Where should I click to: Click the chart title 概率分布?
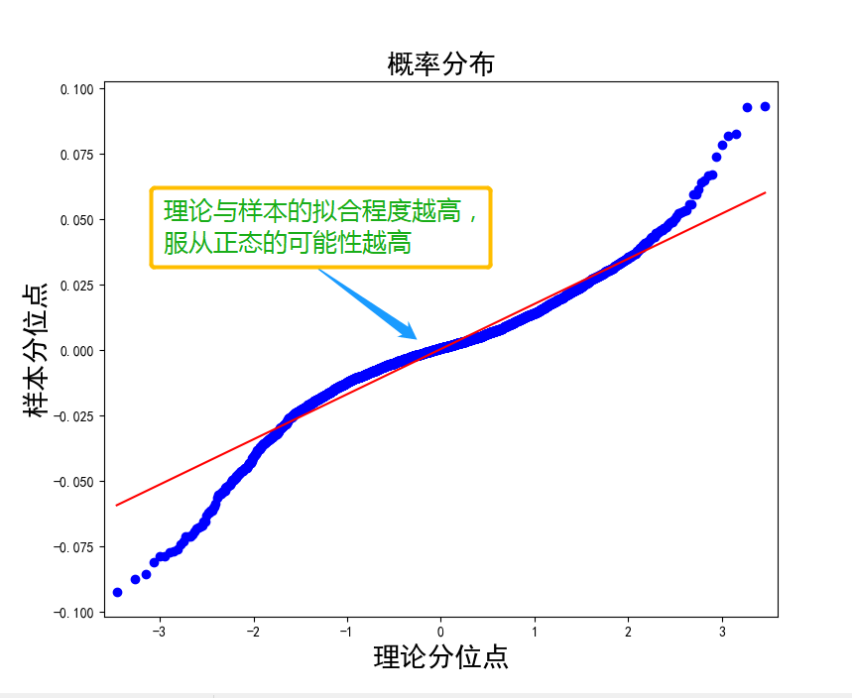440,65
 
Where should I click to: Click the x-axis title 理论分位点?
440,656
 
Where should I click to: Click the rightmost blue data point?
765,107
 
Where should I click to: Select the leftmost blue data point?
117,592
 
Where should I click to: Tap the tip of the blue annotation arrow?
417,338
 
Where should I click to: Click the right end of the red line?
766,192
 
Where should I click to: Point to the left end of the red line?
116,506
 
